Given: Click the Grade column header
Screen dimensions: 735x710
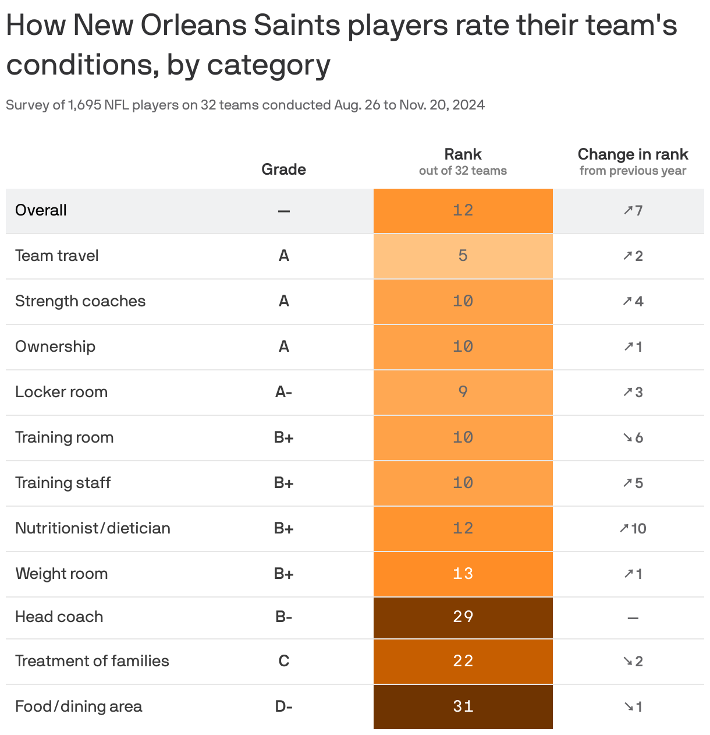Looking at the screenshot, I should (283, 169).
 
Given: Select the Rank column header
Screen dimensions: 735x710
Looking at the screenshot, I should (463, 155).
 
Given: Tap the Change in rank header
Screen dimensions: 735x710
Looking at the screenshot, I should (633, 155).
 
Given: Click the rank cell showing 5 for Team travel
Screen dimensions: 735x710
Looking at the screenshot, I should (463, 256).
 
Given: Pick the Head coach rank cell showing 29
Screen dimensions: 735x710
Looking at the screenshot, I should (463, 617).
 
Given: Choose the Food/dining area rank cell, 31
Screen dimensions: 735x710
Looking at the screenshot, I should (463, 706).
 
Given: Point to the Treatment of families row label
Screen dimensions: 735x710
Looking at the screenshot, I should (92, 661).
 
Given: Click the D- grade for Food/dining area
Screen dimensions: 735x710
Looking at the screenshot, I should (283, 706).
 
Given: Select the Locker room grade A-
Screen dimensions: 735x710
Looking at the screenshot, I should (283, 392).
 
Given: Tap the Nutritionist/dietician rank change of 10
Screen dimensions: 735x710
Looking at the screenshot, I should (633, 528).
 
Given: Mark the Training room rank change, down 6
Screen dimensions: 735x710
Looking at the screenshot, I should (633, 437).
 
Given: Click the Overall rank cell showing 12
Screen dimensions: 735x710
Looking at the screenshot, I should (463, 210).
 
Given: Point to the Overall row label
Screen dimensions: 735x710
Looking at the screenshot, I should (41, 210).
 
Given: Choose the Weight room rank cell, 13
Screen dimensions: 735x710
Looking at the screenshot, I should (463, 574).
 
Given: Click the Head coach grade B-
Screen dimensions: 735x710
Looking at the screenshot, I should (283, 617).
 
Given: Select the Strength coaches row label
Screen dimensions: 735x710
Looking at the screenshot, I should (80, 301).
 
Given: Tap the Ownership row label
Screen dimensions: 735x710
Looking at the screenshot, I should (55, 347).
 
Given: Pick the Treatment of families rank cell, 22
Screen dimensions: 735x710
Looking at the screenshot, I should (463, 661).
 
